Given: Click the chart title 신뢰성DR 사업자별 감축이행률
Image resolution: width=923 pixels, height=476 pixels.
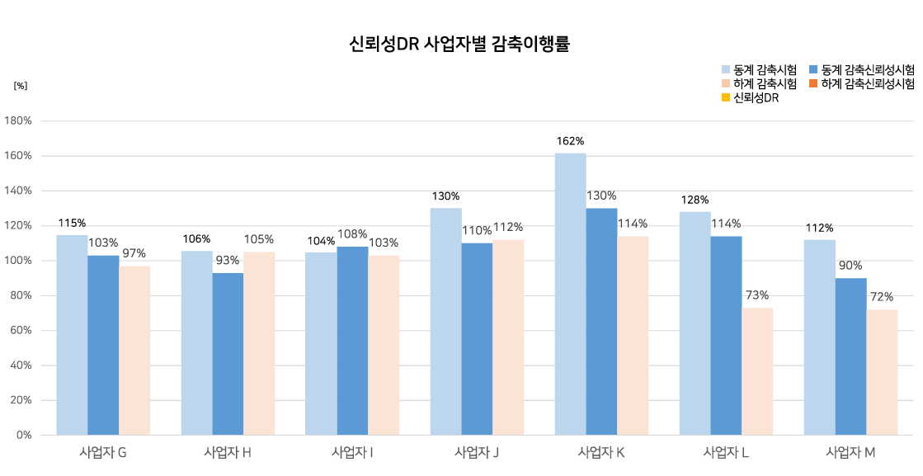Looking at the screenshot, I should click(461, 45).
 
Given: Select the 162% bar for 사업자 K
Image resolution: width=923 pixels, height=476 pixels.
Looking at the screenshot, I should click(570, 294).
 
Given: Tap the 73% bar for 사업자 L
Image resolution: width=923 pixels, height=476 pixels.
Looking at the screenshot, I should click(756, 371).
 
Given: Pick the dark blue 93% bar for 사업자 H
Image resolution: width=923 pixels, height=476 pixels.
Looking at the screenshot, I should click(228, 354).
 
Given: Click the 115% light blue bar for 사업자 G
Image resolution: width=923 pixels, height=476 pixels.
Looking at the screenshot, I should click(72, 335).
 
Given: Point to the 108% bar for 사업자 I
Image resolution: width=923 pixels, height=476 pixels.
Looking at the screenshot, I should click(352, 341).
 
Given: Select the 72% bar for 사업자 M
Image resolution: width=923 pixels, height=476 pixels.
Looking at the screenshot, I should click(881, 372).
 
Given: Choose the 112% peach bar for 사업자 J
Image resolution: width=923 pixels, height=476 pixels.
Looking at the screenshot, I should click(508, 337).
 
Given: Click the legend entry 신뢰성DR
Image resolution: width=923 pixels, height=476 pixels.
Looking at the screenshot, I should click(756, 98).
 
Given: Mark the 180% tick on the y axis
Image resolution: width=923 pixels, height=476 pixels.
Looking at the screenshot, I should click(18, 121).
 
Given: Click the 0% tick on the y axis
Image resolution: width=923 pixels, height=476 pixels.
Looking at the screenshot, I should click(24, 435).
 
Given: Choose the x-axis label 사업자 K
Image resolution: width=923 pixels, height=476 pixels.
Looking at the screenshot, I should click(600, 452).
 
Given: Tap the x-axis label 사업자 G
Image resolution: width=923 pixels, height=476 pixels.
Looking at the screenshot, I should click(103, 452).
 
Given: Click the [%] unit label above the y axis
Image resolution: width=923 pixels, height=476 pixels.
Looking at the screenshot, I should click(21, 85).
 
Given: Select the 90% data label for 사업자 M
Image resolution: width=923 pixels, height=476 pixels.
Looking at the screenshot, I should click(850, 266).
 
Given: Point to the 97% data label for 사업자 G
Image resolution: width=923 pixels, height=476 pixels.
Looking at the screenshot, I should click(134, 253).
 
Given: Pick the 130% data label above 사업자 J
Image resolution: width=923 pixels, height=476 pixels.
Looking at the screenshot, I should click(446, 196).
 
